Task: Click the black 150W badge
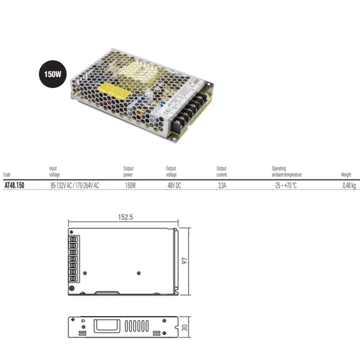point(53,75)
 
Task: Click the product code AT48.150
point(14,185)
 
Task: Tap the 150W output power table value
point(130,185)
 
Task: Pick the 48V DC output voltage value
point(174,185)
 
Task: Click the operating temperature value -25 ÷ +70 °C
point(285,185)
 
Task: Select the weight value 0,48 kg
point(349,185)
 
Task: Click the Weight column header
point(346,175)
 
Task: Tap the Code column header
point(6,175)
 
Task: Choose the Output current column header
point(221,172)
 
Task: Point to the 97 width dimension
point(185,261)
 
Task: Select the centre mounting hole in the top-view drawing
point(139,273)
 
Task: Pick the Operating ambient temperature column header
point(287,172)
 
